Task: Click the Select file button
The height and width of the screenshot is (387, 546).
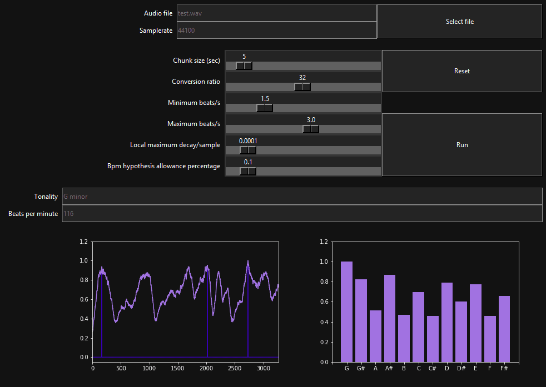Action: tap(459, 22)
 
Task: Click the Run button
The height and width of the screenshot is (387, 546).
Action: tap(461, 145)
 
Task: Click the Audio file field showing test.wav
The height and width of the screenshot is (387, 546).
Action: tap(276, 13)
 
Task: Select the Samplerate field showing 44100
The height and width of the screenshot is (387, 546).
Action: tap(276, 30)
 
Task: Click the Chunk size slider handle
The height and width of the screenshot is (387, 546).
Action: tap(244, 66)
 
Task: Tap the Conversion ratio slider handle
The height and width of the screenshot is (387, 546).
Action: tap(302, 87)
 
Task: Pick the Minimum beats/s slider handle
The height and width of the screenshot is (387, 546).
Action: tap(265, 108)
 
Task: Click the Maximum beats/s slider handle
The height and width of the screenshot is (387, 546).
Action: tap(311, 129)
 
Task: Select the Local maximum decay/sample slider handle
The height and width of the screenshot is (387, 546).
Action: tap(248, 150)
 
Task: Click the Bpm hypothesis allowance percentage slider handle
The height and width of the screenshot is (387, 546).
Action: tap(248, 171)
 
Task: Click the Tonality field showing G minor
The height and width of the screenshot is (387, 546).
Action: tap(302, 196)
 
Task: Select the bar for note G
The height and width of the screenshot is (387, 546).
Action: tap(346, 311)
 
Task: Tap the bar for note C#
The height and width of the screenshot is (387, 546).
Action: tap(433, 339)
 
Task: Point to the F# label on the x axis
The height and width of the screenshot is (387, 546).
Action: tap(504, 368)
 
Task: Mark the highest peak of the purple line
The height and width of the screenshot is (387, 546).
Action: tap(248, 261)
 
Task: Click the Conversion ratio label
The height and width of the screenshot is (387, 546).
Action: tap(196, 82)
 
